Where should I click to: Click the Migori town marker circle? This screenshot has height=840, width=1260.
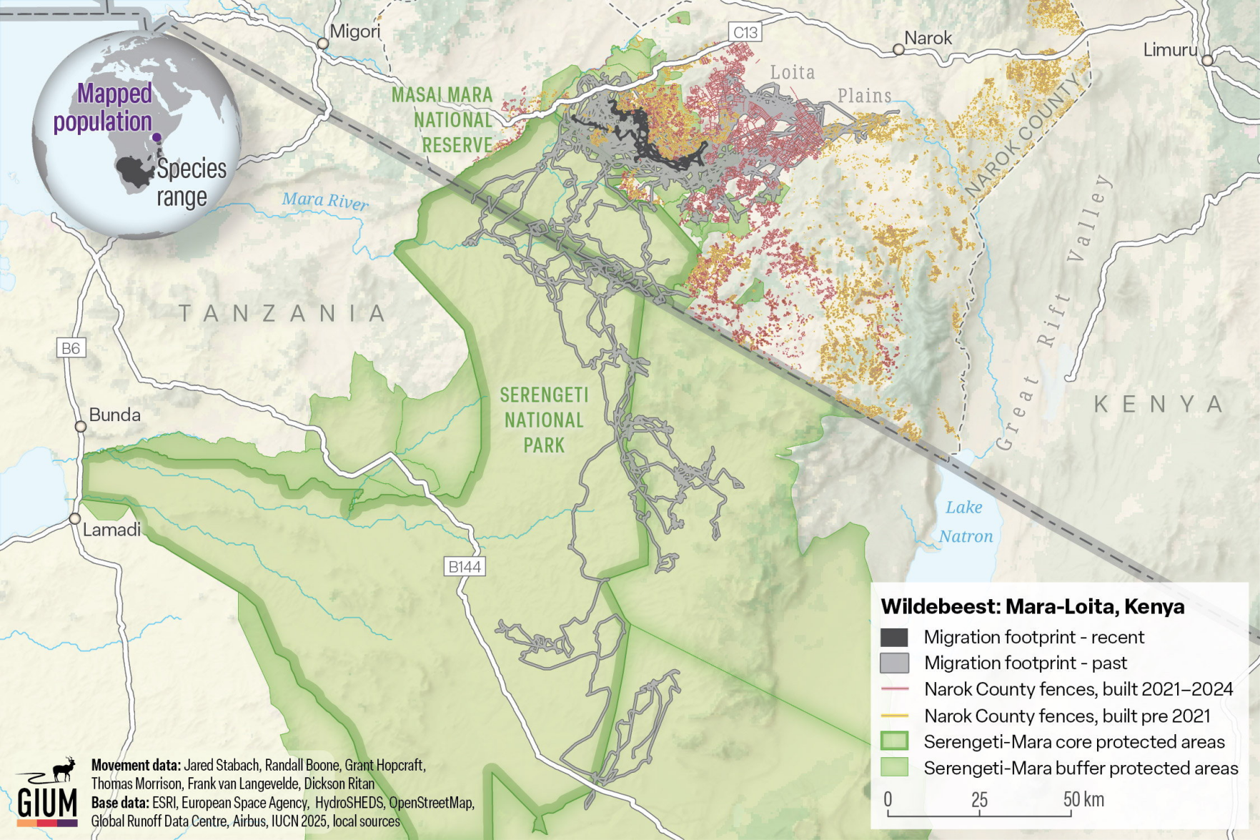pos(323,44)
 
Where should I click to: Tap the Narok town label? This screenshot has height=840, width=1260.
pos(928,38)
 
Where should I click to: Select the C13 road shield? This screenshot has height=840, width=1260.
pos(745,32)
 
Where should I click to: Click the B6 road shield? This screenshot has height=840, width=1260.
pos(71,348)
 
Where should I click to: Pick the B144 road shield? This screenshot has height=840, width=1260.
pos(465,567)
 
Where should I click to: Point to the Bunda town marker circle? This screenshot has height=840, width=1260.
pos(81,427)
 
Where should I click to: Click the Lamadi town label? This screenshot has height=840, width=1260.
pos(111,530)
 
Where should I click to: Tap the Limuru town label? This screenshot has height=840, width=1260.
pos(1169,50)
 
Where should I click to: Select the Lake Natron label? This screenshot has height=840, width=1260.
pos(965,522)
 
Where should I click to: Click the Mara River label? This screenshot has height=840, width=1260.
pos(325,200)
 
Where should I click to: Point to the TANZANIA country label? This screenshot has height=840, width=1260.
pos(282,313)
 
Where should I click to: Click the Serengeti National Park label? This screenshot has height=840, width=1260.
pos(544,420)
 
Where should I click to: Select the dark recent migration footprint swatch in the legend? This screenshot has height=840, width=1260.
pos(894,637)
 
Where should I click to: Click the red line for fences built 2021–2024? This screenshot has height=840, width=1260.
pos(894,689)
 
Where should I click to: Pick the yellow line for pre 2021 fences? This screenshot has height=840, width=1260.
pos(894,716)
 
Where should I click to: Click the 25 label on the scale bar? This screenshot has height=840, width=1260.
pos(979,799)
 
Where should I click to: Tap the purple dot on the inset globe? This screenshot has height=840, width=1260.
pos(157,137)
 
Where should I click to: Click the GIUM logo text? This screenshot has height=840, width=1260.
pos(47,802)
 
